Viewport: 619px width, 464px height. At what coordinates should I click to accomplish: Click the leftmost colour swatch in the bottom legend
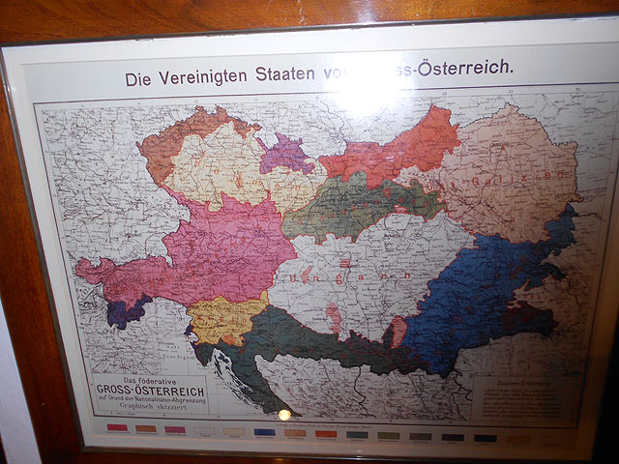[116, 427]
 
